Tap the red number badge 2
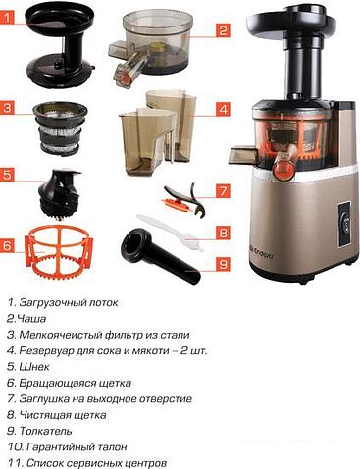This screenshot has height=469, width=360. click(224, 30)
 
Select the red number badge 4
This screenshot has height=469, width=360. click(224, 109)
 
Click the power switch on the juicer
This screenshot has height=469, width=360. click(344, 218)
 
